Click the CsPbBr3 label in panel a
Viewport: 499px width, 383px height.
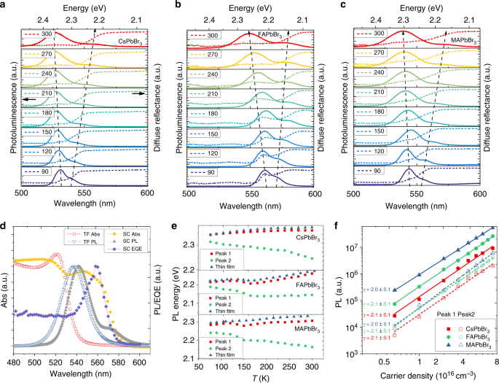click(133, 42)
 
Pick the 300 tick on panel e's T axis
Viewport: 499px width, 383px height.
click(314, 362)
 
